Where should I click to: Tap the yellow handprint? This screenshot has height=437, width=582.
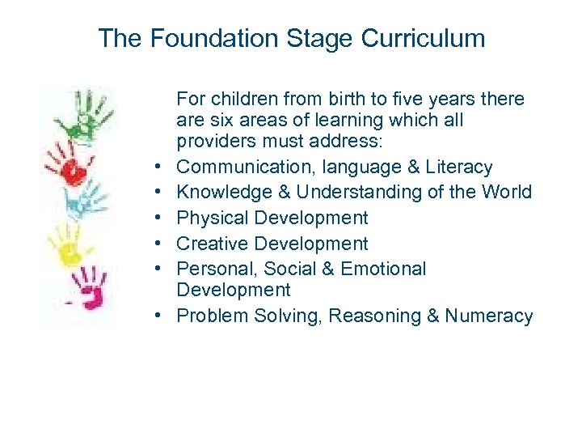[x=68, y=244]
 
